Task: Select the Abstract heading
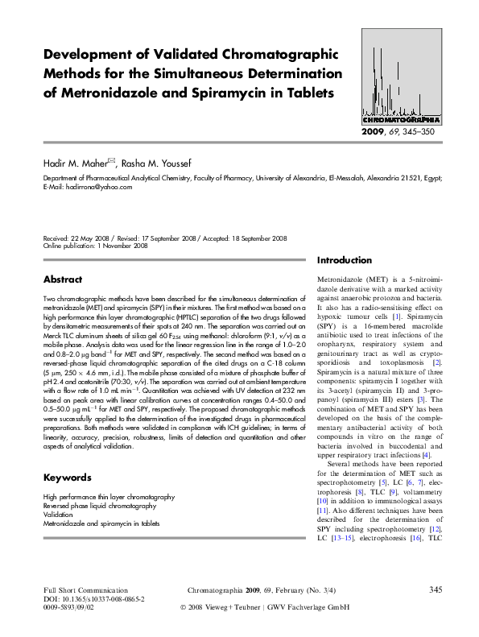(x=63, y=279)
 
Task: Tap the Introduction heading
(x=345, y=261)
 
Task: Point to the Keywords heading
(x=66, y=478)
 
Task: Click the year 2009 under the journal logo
(x=374, y=130)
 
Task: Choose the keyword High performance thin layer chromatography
(x=109, y=498)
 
